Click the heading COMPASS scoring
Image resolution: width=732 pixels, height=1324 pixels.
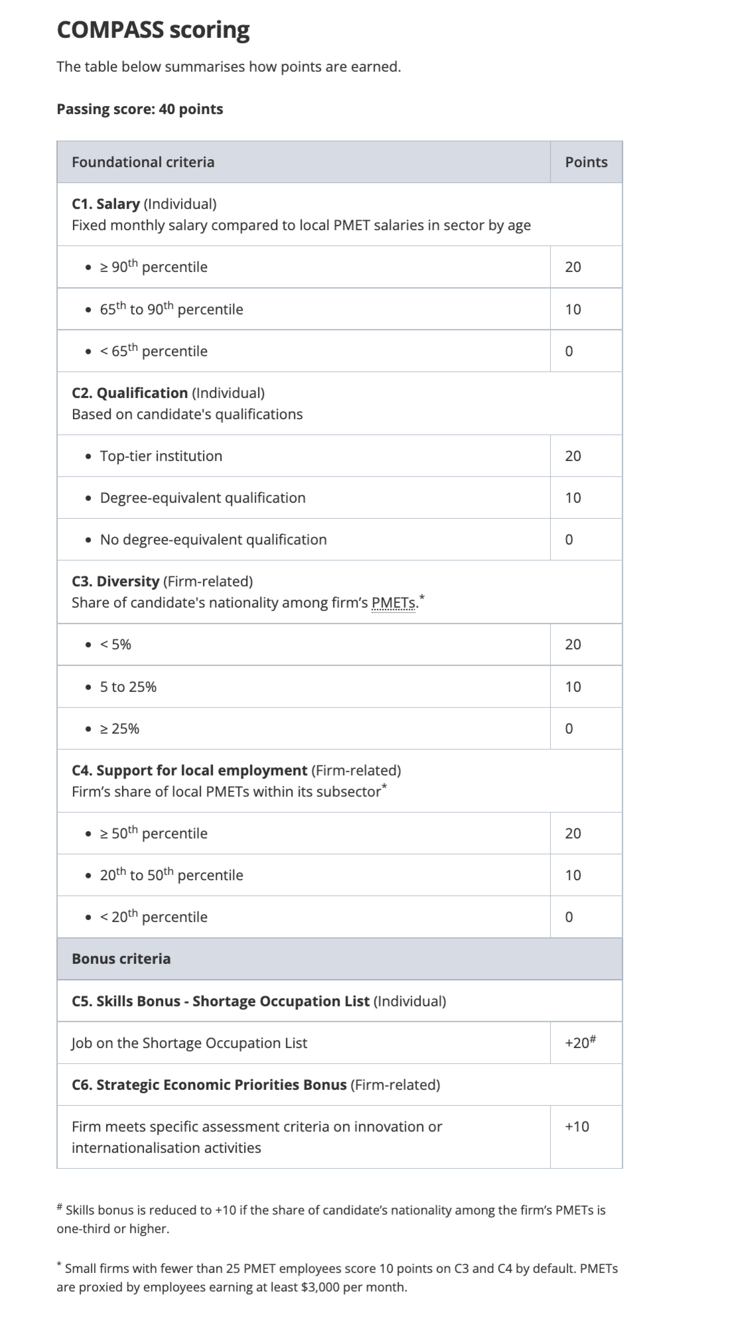click(x=153, y=31)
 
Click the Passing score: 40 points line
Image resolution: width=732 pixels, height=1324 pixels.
click(x=140, y=109)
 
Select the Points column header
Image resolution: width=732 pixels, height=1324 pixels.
click(x=586, y=163)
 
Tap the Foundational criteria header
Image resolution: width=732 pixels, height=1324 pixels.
click(x=143, y=163)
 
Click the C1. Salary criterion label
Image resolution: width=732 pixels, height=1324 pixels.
click(x=106, y=204)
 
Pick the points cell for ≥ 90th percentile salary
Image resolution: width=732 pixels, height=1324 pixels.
click(x=573, y=267)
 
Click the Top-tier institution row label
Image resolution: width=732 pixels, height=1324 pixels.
click(x=161, y=456)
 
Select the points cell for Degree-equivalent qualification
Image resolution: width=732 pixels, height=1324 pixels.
click(x=573, y=498)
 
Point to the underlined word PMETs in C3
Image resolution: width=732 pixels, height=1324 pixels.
click(x=394, y=603)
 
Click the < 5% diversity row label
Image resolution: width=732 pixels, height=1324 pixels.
click(x=115, y=645)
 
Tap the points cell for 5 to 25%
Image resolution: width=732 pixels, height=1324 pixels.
click(x=573, y=687)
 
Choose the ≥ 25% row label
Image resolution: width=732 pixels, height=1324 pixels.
click(x=119, y=729)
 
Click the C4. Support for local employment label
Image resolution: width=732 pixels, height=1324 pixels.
click(x=190, y=771)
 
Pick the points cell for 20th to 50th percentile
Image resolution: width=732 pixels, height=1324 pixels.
click(x=573, y=876)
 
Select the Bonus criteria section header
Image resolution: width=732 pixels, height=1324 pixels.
click(x=121, y=959)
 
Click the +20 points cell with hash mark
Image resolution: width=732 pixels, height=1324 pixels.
click(x=580, y=1043)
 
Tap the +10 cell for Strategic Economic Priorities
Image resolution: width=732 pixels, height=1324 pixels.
click(x=577, y=1127)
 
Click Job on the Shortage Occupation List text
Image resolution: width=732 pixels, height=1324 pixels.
click(x=190, y=1043)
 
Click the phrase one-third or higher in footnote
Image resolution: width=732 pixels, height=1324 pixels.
click(x=113, y=1229)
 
